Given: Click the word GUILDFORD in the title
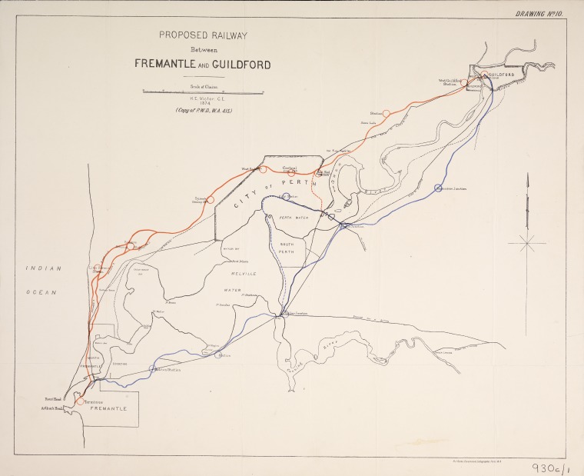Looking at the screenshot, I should [243, 65].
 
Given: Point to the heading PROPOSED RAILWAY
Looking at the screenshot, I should [204, 35].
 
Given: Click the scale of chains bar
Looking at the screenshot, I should [204, 92].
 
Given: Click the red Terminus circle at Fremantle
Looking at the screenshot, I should [78, 401].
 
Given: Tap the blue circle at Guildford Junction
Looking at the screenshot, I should [438, 188].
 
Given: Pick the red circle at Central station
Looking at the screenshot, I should [291, 172].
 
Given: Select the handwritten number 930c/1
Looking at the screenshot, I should [549, 465].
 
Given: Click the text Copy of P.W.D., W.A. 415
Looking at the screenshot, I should [204, 112].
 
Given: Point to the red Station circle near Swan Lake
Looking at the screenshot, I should [387, 114].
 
